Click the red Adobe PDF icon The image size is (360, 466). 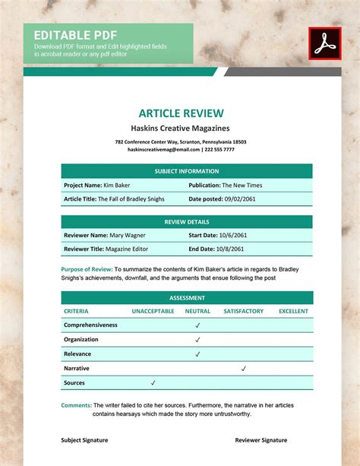point(325,43)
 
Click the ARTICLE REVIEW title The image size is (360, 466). point(180,113)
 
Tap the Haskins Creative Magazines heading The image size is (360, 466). point(180,128)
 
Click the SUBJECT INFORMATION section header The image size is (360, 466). point(186,171)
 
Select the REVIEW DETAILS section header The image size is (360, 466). point(186,222)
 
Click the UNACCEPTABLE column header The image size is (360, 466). point(153,311)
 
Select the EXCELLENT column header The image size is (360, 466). point(293,311)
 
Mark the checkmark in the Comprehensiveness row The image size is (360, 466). point(197,325)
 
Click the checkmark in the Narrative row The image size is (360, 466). point(243,368)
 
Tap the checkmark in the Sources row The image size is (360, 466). point(153,382)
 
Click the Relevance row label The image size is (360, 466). point(77,353)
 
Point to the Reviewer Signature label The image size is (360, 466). point(261,440)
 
